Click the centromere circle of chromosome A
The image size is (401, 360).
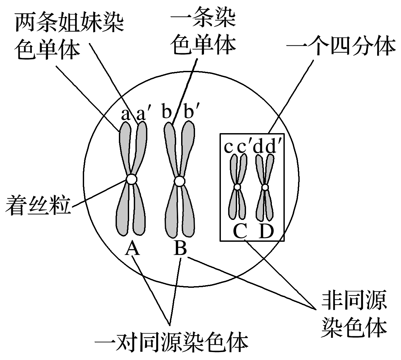point(131,179)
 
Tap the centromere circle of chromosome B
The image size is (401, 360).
point(179,181)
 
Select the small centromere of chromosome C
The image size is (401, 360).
point(237,187)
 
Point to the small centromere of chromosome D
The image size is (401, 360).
point(265,187)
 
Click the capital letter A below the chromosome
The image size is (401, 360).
point(132,249)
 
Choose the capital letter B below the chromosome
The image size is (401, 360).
point(180,248)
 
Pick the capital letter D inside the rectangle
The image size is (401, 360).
point(266,231)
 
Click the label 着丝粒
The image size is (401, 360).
point(38,206)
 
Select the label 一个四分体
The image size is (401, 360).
point(341,47)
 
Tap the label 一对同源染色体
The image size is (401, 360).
point(171,343)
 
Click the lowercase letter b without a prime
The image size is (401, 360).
point(167,113)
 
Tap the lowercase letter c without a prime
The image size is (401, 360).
point(228,147)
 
